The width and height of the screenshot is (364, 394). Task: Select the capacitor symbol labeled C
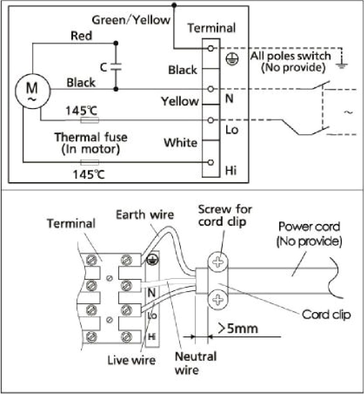pos(115,68)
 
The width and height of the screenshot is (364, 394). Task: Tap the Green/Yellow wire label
pos(131,20)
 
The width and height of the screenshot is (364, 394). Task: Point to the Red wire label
pos(81,36)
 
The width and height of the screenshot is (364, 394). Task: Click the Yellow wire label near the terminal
pos(180,102)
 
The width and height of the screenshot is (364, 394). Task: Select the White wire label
pos(180,143)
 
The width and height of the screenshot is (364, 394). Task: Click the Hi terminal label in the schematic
pos(231,170)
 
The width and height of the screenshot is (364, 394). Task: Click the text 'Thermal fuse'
pos(90,137)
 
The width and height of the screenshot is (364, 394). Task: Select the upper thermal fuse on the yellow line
pos(90,120)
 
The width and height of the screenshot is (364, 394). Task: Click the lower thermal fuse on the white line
pos(90,163)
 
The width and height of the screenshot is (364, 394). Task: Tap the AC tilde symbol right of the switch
pos(348,112)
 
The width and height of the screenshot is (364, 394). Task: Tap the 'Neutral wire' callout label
pos(195,363)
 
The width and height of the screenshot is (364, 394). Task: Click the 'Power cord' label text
pos(309,227)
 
